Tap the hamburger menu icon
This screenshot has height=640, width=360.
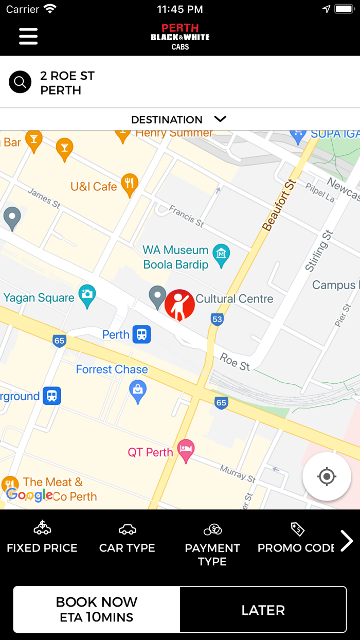28,36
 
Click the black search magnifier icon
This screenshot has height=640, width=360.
20,82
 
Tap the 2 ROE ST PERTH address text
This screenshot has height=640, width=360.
67,83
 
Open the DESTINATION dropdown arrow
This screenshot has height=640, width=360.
220,119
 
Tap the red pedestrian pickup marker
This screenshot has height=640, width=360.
179,305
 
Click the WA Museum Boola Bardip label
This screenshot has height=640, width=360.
175,257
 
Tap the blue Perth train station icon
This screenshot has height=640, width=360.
141,334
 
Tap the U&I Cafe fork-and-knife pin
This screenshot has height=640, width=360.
130,184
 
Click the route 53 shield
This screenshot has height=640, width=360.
217,319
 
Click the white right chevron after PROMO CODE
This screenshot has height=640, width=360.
347,540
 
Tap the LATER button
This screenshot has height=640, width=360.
263,610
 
